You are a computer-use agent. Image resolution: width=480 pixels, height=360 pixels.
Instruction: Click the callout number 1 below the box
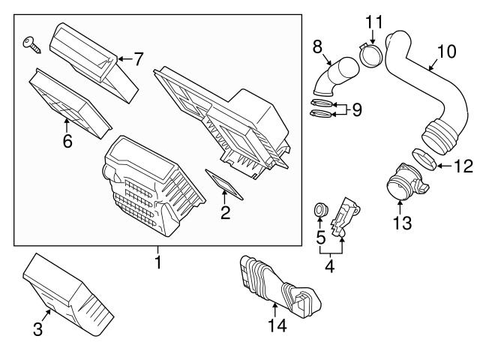coord(157,262)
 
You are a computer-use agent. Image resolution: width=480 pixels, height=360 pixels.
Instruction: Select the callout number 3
coord(38,328)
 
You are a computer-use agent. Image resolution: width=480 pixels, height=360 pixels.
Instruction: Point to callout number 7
coord(137,59)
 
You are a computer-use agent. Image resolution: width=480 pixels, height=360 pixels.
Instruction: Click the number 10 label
coord(446,52)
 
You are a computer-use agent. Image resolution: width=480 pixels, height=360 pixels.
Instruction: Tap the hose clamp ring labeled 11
coord(370,53)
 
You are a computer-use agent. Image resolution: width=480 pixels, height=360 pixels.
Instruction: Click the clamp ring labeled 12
coord(424,159)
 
